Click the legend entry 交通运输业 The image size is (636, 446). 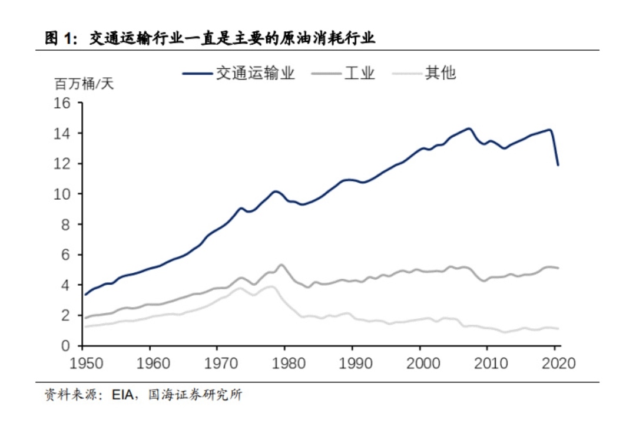pyautogui.click(x=255, y=73)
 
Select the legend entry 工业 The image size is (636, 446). pyautogui.click(x=359, y=73)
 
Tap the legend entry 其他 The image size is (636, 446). pyautogui.click(x=440, y=73)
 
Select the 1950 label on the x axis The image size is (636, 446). pyautogui.click(x=82, y=362)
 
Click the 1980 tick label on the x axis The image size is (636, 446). pyautogui.click(x=285, y=362)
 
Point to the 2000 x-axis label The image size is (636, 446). pyautogui.click(x=420, y=362)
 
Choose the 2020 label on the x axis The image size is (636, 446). pyautogui.click(x=555, y=362)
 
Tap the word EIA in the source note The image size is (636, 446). pyautogui.click(x=123, y=395)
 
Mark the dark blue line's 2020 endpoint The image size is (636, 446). pyautogui.click(x=558, y=165)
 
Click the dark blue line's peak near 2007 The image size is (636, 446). pyautogui.click(x=469, y=128)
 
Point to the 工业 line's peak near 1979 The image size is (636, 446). pyautogui.click(x=281, y=265)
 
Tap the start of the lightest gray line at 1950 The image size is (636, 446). pyautogui.click(x=86, y=326)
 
